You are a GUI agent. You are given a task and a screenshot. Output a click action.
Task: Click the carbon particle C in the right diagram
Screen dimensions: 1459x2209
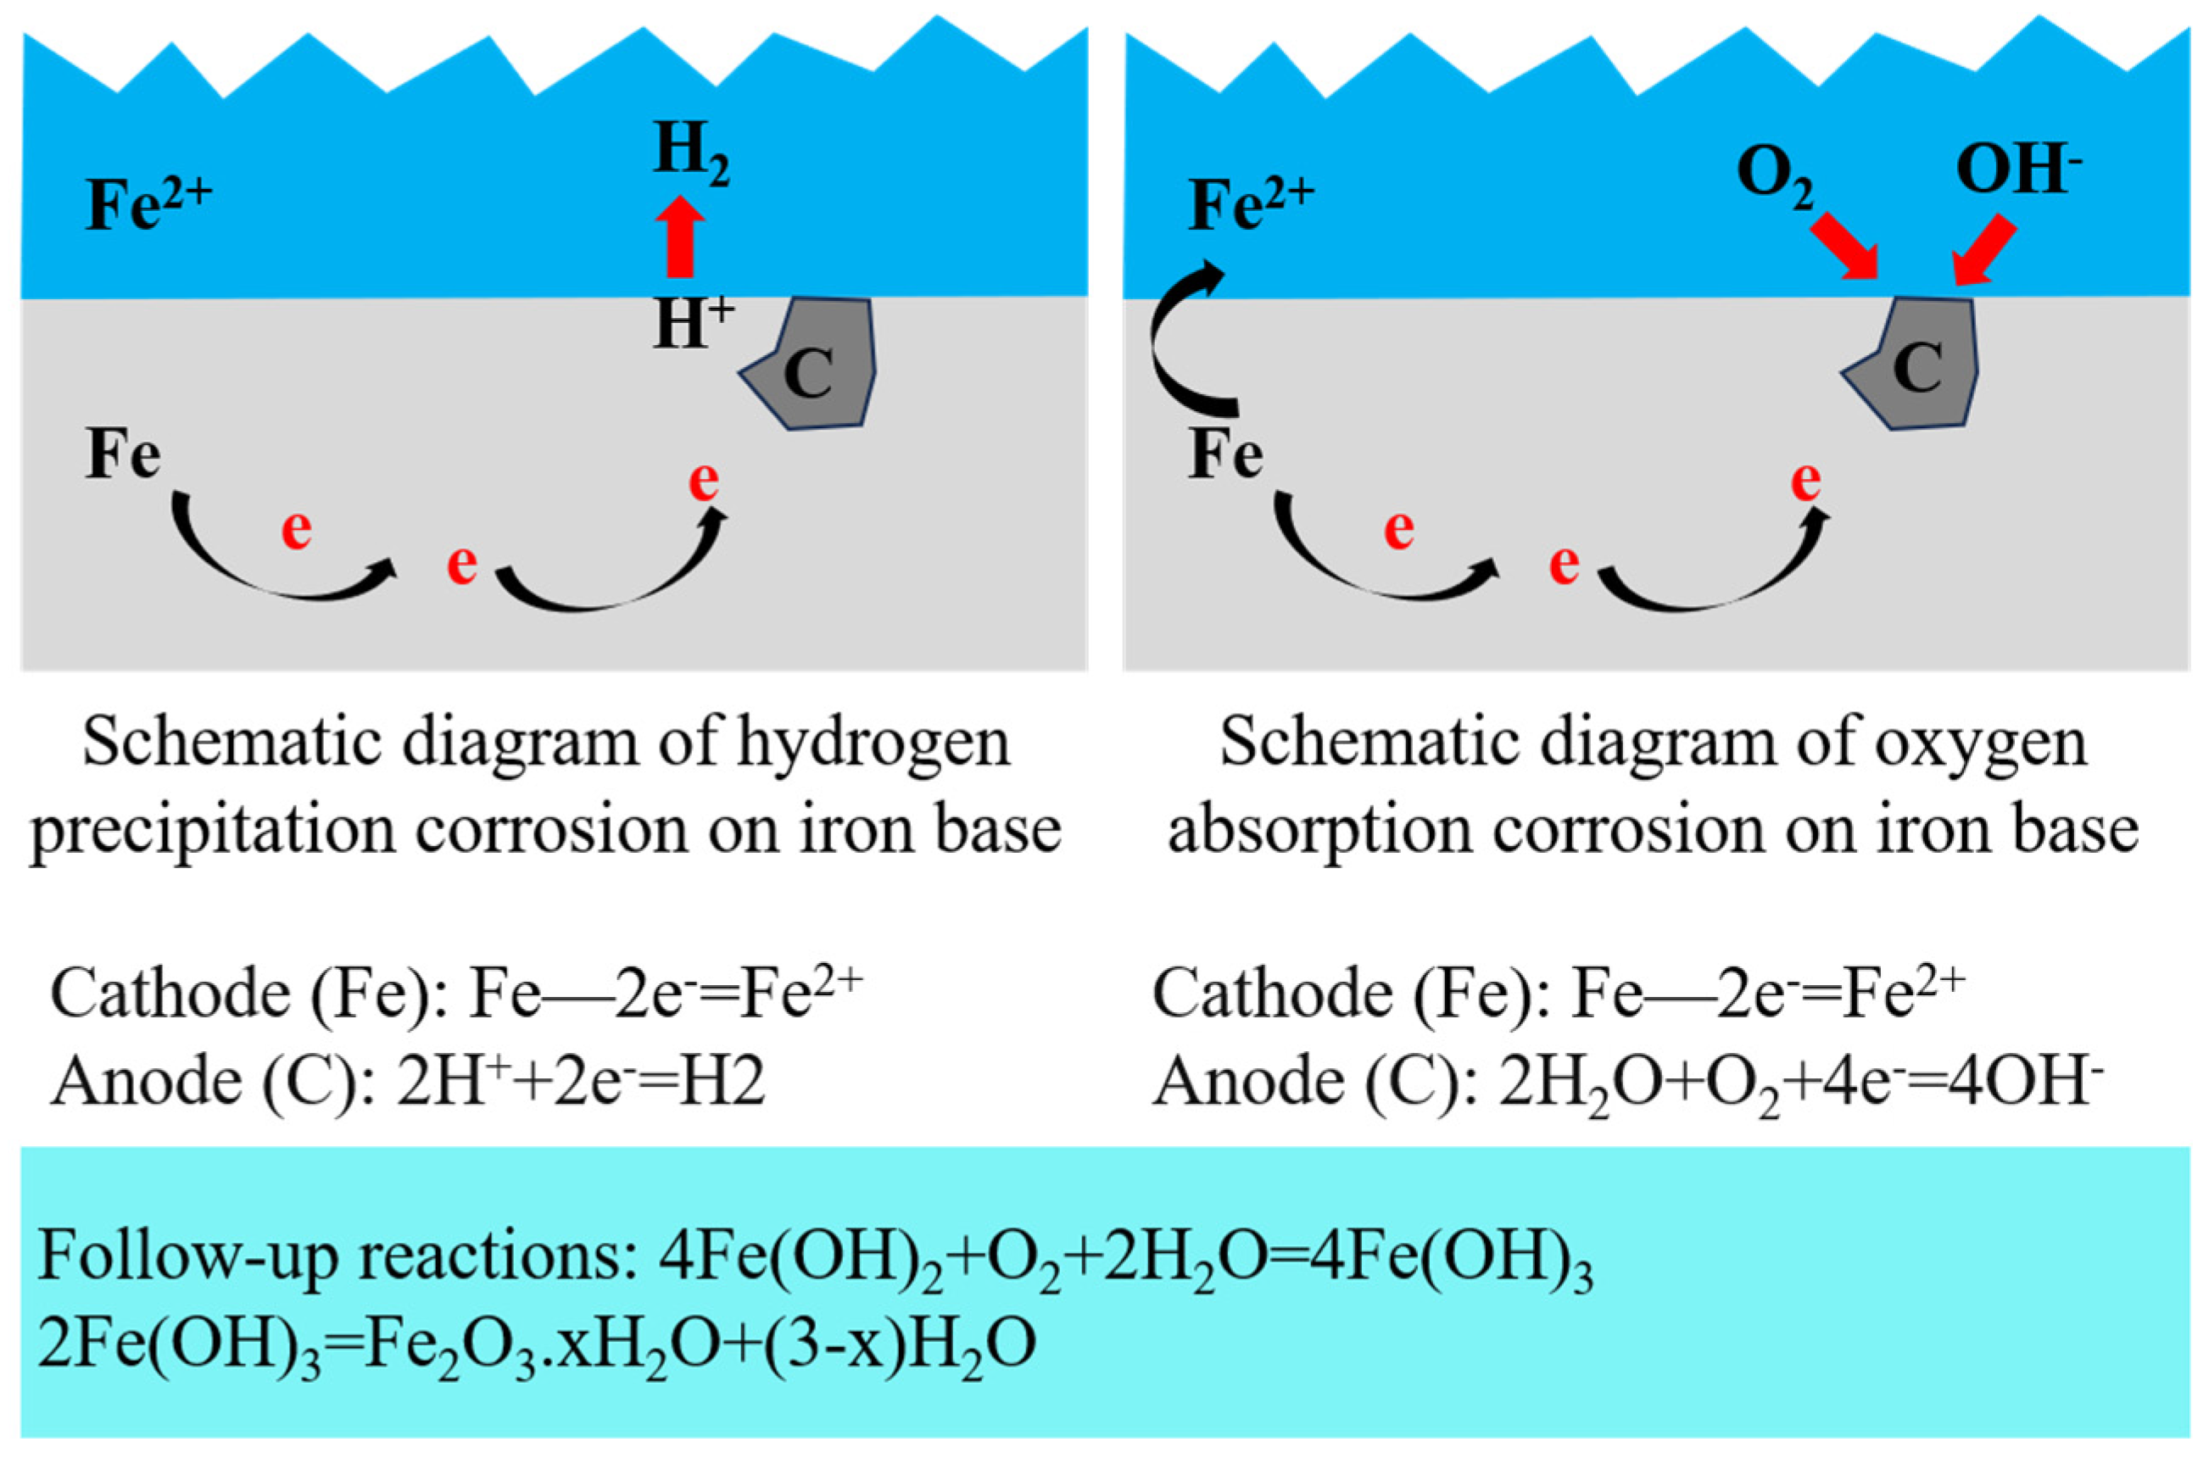[x=1916, y=365]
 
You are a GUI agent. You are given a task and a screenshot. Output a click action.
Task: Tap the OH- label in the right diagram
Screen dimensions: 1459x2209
[x=2017, y=171]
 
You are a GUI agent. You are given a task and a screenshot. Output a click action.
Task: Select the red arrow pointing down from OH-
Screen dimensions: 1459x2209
[x=1986, y=250]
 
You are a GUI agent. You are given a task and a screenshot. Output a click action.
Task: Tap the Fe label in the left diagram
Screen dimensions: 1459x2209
[x=123, y=456]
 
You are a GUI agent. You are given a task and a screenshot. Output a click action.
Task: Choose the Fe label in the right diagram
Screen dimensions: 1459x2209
[x=1225, y=456]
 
